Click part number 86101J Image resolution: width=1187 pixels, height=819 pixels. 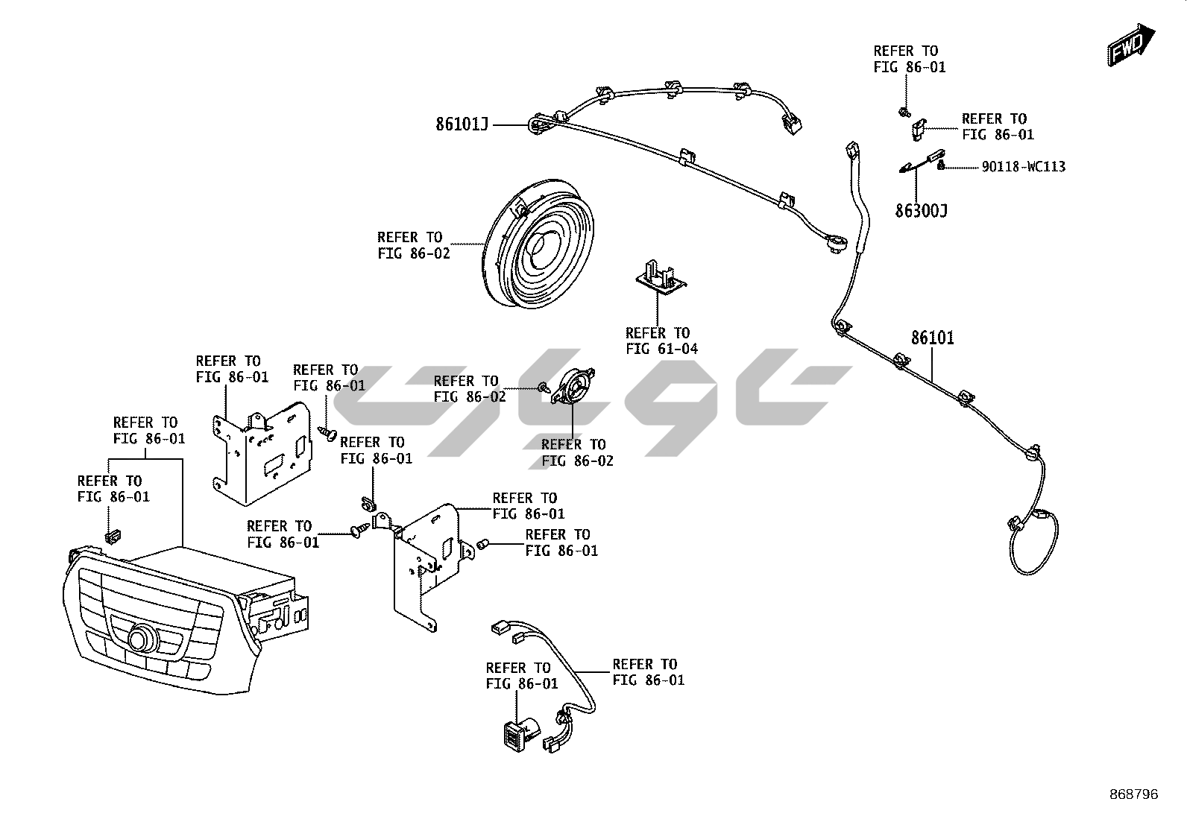462,124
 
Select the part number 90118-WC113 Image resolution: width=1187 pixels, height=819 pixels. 1023,167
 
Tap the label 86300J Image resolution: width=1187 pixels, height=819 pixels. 921,211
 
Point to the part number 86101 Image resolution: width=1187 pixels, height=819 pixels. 932,338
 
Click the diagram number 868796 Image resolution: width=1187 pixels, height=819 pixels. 1134,794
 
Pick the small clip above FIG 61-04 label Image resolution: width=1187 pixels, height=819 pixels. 658,274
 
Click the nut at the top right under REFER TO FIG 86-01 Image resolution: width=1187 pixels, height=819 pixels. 903,113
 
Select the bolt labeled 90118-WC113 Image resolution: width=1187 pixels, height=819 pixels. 941,165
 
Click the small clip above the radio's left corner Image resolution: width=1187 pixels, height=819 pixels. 113,534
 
